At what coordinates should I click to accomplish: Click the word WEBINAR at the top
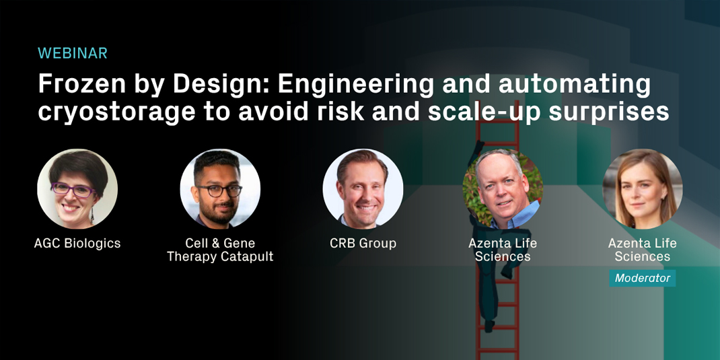73,53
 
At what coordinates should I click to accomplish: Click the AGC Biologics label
77,243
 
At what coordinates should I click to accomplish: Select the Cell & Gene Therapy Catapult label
220,250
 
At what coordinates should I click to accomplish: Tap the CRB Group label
363,243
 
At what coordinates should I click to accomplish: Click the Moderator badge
643,278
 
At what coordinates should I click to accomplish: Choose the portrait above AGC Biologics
77,189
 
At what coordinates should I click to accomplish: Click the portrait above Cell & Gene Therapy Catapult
220,189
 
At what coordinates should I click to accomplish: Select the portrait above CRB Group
363,189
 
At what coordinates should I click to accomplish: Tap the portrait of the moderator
643,189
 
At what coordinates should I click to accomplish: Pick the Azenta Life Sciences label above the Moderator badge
643,250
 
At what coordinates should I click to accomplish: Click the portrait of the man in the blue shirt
503,189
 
